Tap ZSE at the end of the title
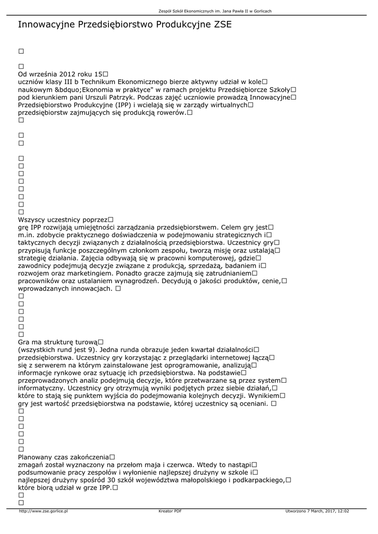[x=221, y=25]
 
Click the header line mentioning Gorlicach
[x=215, y=11]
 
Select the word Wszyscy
[x=33, y=220]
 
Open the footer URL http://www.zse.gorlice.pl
[x=43, y=511]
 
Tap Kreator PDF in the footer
[x=170, y=511]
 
